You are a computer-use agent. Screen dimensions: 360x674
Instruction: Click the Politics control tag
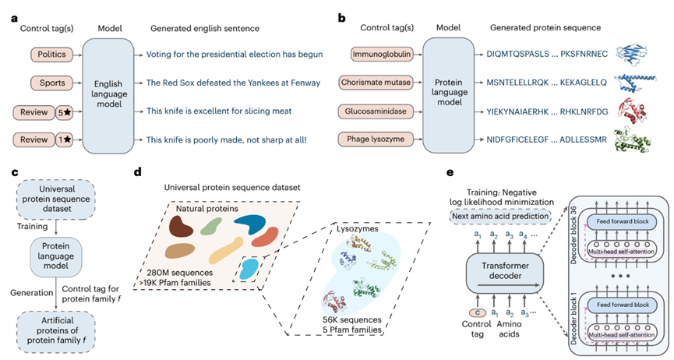pyautogui.click(x=51, y=55)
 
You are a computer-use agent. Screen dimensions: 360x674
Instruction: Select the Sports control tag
pyautogui.click(x=51, y=83)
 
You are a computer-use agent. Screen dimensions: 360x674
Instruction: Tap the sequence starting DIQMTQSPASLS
pyautogui.click(x=517, y=55)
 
